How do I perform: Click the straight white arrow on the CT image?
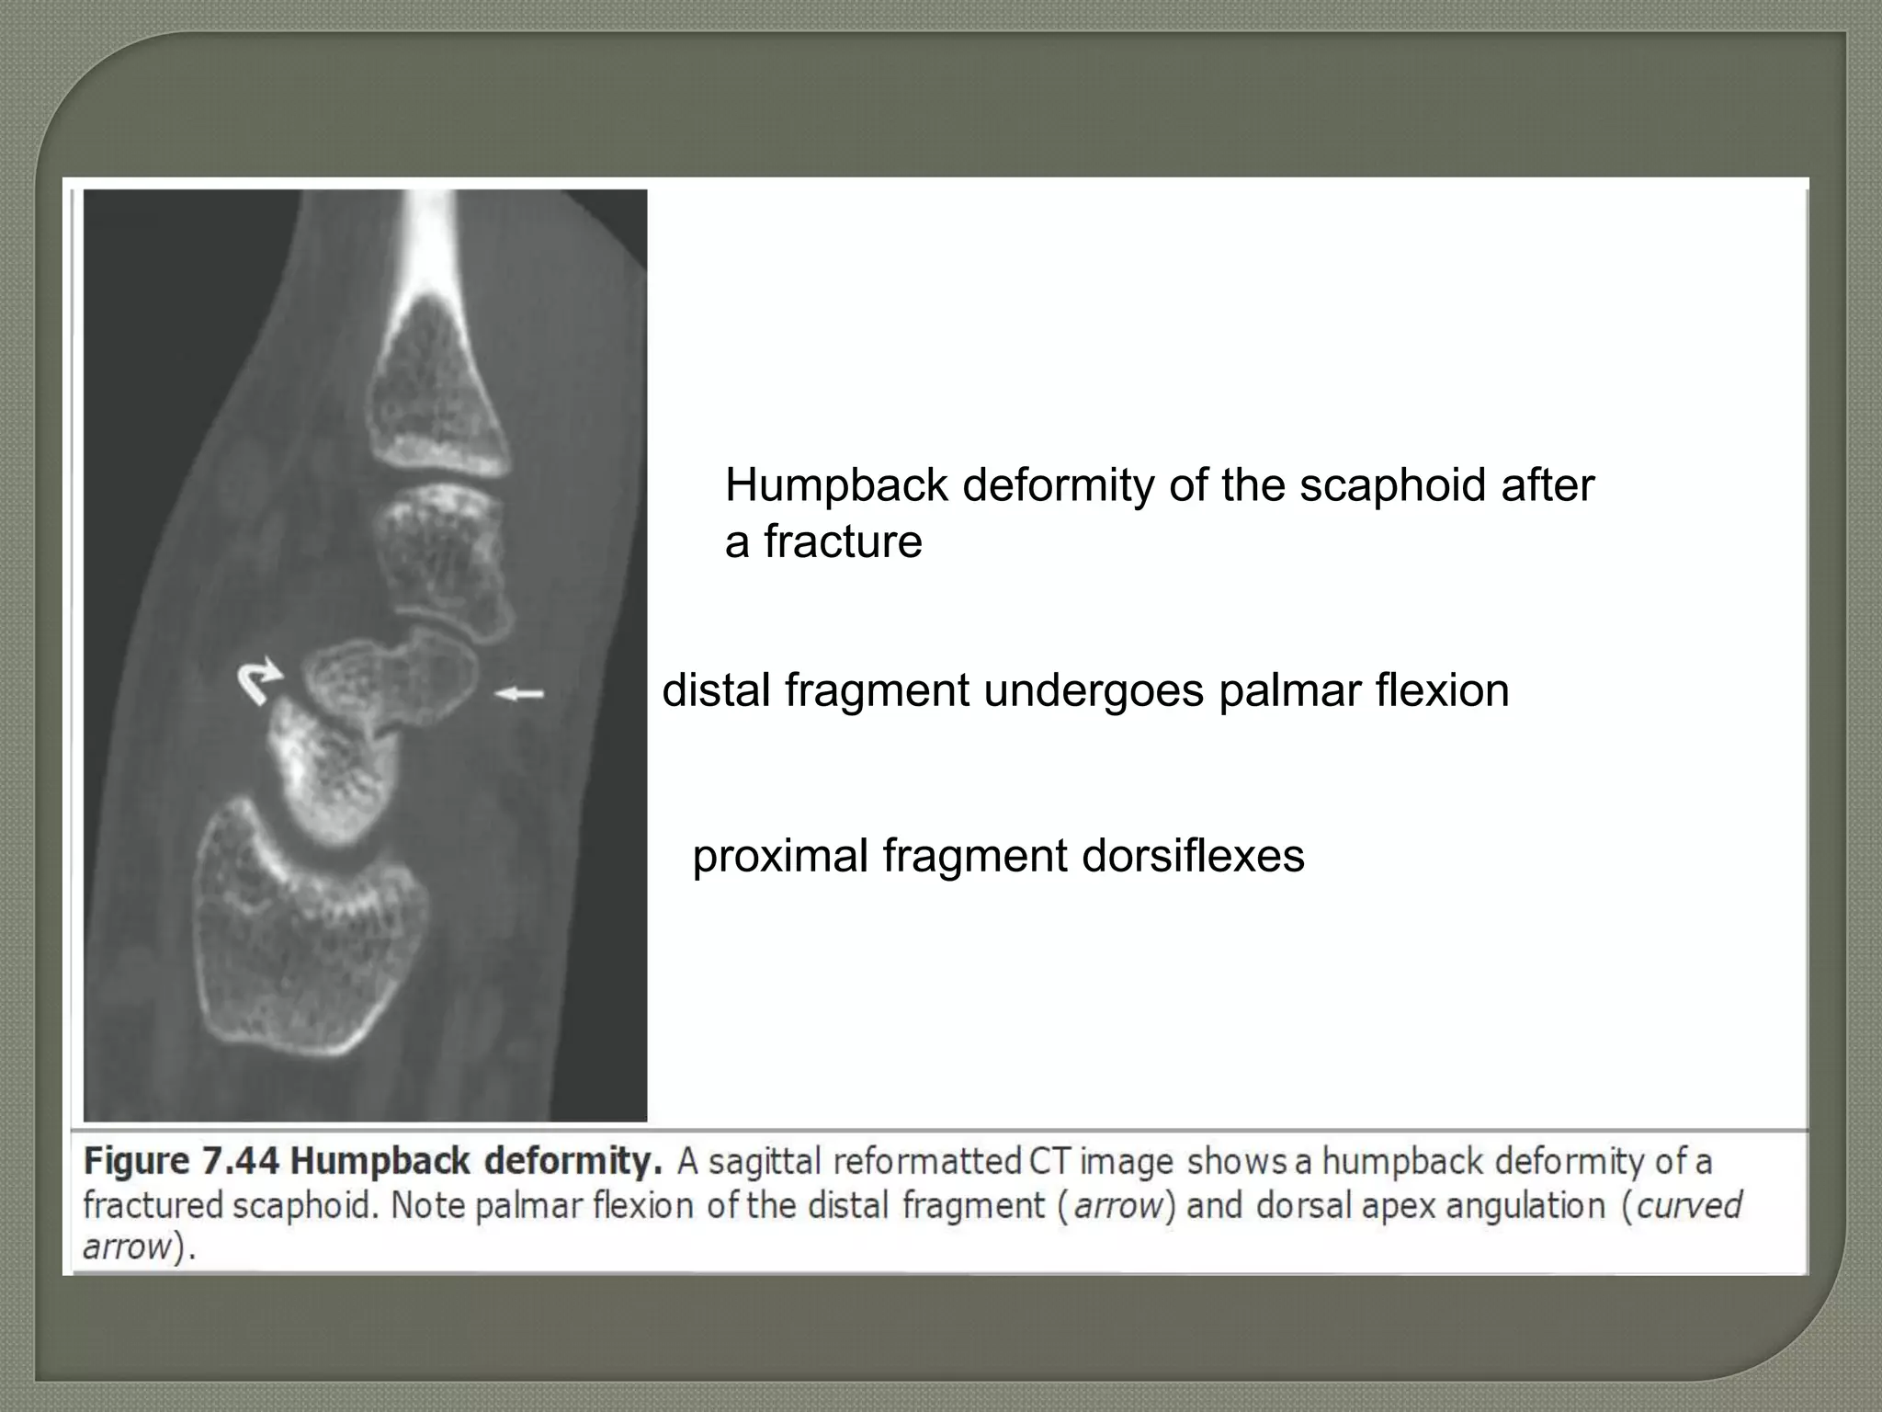click(519, 694)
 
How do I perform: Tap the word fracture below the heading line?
click(843, 541)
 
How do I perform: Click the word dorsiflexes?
click(1193, 856)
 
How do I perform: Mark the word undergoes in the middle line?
click(1094, 690)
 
